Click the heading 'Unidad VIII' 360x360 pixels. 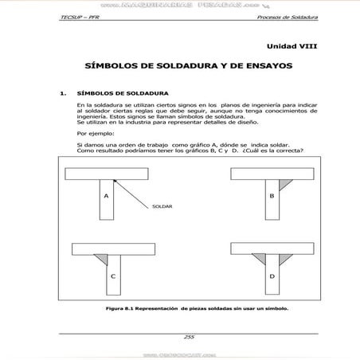[292, 46]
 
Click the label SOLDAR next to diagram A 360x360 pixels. [161, 205]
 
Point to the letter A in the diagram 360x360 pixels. [106, 194]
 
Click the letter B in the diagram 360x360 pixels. [272, 195]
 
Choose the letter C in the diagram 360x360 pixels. [112, 276]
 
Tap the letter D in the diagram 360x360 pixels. [272, 276]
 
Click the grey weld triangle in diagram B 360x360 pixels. [280, 184]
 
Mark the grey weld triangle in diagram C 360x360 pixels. [101, 260]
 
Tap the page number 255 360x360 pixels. [189, 337]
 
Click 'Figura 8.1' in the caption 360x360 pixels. [119, 307]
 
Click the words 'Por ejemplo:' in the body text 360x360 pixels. [95, 134]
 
